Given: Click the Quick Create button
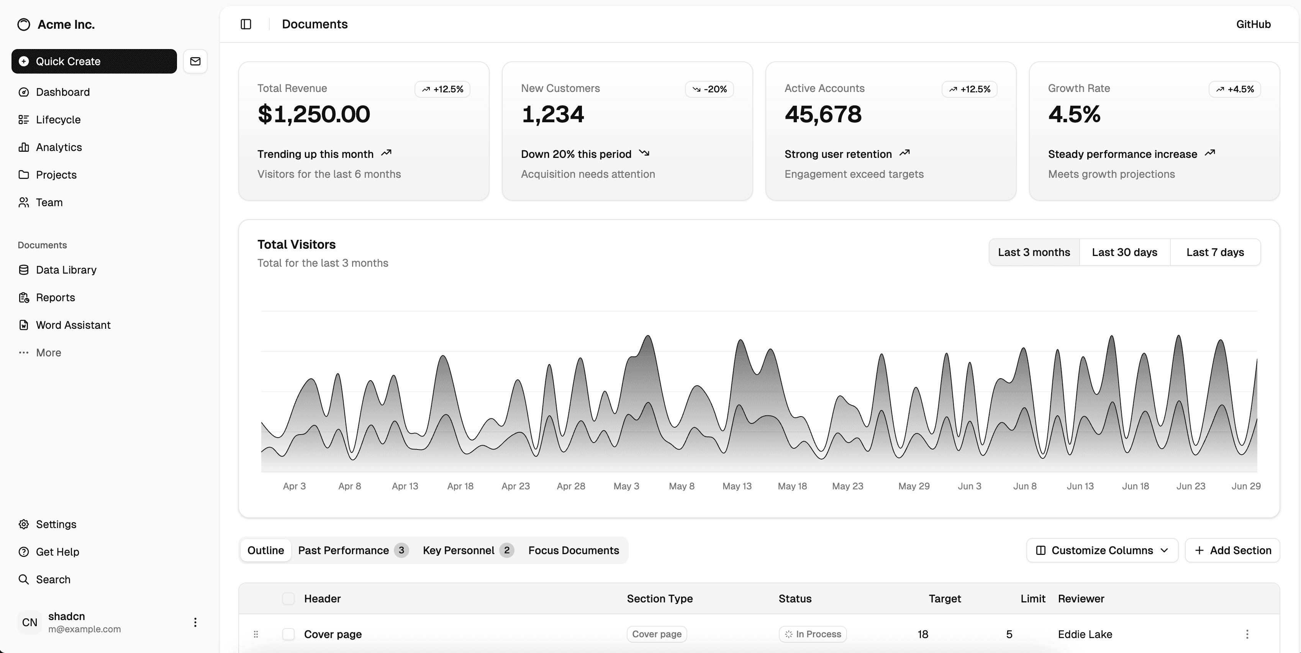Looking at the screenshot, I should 94,61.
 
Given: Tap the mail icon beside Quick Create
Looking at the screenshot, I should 195,61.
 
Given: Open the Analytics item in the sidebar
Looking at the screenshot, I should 59,147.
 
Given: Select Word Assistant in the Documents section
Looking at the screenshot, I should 73,325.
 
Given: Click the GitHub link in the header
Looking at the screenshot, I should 1253,24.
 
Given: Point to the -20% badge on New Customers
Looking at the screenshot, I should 709,89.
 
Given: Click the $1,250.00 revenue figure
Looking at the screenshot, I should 314,114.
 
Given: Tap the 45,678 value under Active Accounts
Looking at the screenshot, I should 823,114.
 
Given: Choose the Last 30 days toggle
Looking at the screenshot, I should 1124,252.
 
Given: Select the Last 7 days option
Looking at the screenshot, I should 1215,252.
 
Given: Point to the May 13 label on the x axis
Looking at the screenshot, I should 737,486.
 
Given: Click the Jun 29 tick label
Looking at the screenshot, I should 1245,486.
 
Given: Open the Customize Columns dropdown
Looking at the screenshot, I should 1102,550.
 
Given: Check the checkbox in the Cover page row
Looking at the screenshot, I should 288,634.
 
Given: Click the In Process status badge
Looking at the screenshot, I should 813,634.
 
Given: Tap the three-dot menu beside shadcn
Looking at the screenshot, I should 195,622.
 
